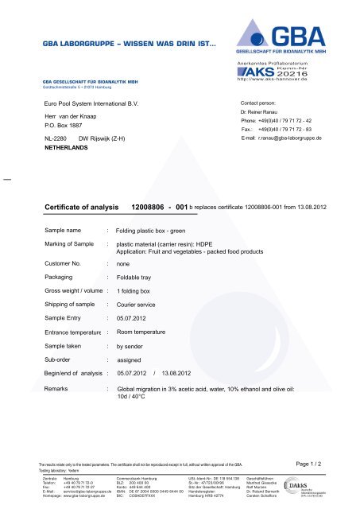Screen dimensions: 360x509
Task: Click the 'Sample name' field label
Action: pyautogui.click(x=64, y=229)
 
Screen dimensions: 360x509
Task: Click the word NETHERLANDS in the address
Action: pyautogui.click(x=70, y=148)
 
